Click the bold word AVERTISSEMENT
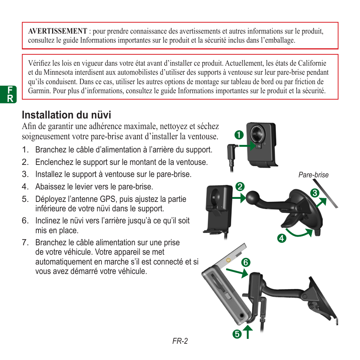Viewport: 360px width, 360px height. click(57, 31)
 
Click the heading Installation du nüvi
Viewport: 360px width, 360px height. click(66, 115)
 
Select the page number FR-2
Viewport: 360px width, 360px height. click(180, 341)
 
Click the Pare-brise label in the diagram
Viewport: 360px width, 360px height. click(313, 175)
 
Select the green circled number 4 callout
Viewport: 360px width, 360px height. click(281, 238)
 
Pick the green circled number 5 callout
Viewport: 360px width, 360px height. click(237, 334)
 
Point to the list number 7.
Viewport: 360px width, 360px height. click(25, 243)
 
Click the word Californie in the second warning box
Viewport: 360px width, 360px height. click(312, 63)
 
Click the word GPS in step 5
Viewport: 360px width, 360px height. click(149, 199)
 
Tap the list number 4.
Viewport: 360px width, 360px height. click(25, 187)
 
